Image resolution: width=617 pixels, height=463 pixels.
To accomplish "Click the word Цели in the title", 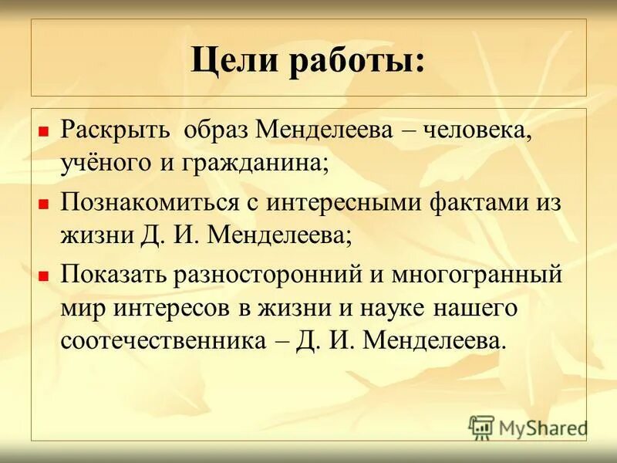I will (235, 59).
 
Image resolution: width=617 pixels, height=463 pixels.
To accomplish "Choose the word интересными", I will (352, 202).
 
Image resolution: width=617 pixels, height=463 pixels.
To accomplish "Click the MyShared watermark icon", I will (481, 427).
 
